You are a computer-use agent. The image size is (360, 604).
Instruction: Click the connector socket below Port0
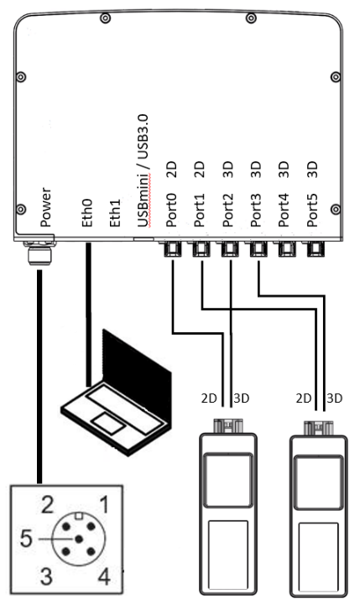click(x=172, y=249)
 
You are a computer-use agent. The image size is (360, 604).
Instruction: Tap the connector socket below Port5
click(x=315, y=249)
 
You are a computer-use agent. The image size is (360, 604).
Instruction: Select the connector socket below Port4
click(x=287, y=249)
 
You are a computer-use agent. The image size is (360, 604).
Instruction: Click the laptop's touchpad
click(x=105, y=419)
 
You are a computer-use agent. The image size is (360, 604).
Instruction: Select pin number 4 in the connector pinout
click(x=102, y=576)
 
